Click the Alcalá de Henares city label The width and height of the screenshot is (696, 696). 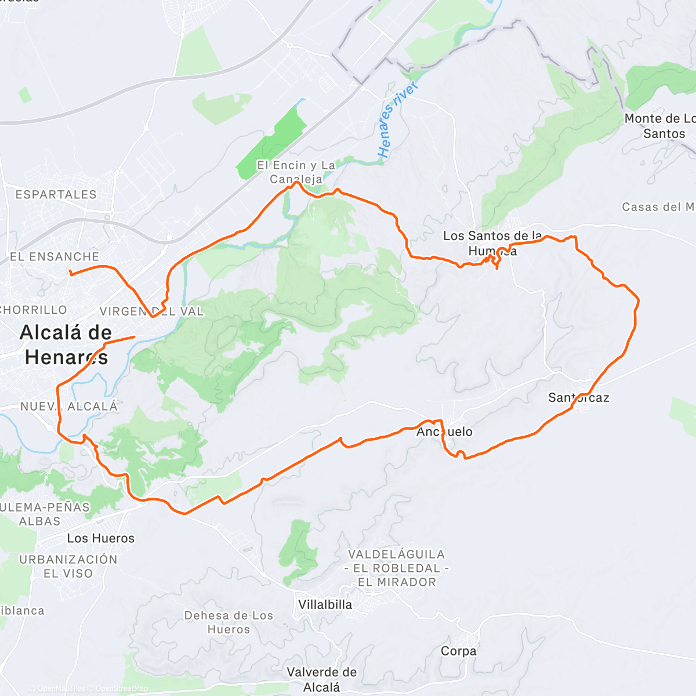(66, 345)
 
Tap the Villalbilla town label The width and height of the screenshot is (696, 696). (325, 604)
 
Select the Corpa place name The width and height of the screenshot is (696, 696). (458, 651)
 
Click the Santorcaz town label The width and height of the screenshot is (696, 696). (578, 397)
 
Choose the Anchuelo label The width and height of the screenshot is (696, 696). (444, 432)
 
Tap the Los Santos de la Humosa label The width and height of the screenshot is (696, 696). (492, 243)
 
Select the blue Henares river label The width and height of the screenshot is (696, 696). (397, 119)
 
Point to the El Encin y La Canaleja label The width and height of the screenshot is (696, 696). (296, 172)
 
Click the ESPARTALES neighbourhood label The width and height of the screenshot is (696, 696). (56, 194)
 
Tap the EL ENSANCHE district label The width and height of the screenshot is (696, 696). (55, 256)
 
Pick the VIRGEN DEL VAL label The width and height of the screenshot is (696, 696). (151, 311)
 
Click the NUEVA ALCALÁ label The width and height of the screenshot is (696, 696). (69, 407)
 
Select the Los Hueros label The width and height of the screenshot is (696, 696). (100, 538)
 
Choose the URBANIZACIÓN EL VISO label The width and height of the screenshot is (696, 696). (68, 566)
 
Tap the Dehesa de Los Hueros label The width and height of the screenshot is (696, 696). (229, 622)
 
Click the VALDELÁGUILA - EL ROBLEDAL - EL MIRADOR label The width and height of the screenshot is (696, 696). (397, 568)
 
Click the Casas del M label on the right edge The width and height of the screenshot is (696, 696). (658, 207)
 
